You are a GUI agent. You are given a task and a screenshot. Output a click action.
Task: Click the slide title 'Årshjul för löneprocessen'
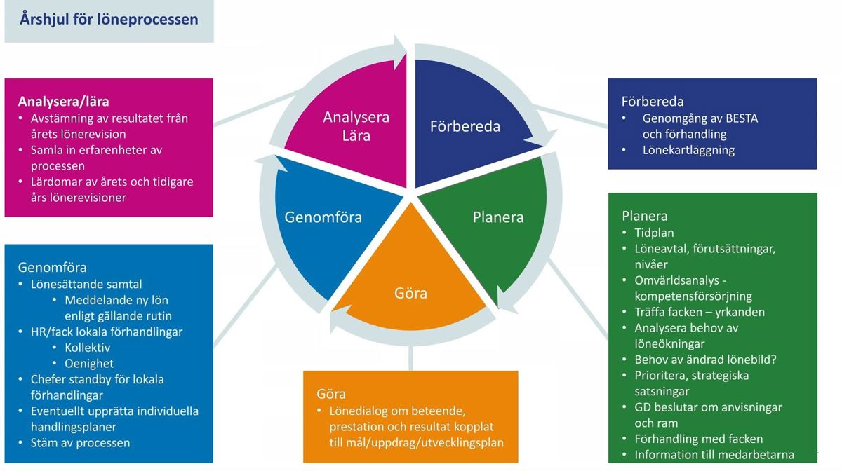pyautogui.click(x=109, y=19)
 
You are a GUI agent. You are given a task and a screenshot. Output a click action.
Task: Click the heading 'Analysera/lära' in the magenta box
pyautogui.click(x=63, y=102)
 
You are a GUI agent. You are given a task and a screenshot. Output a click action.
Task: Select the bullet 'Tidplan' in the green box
pyautogui.click(x=654, y=233)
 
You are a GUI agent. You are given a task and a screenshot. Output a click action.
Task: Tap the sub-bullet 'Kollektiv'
pyautogui.click(x=87, y=348)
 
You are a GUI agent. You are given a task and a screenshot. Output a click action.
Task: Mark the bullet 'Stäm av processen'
pyautogui.click(x=80, y=443)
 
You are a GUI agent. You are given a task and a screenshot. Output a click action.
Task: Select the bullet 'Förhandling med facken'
pyautogui.click(x=698, y=439)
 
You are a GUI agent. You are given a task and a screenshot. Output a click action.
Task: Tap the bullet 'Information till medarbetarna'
pyautogui.click(x=714, y=455)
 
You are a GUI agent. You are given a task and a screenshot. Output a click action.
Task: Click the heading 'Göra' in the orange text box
pyautogui.click(x=331, y=394)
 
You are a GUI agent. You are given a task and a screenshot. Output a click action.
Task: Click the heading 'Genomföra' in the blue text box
pyautogui.click(x=52, y=268)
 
